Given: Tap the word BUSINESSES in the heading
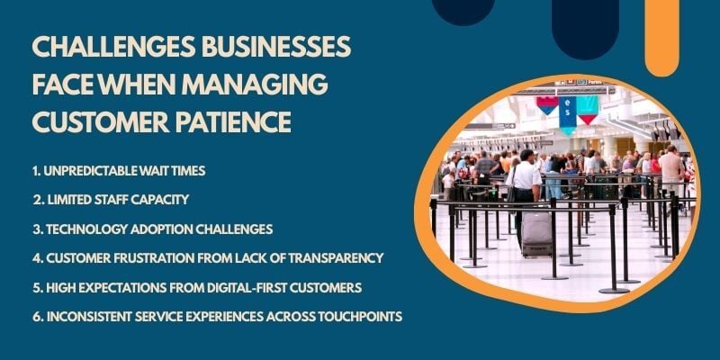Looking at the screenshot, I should (x=265, y=49).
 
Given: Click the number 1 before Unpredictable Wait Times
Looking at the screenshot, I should (x=34, y=171).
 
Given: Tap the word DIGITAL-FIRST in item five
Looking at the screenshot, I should (x=250, y=287).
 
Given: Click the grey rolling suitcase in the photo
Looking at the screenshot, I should (x=536, y=234).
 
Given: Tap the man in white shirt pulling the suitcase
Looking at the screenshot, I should (x=525, y=184).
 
